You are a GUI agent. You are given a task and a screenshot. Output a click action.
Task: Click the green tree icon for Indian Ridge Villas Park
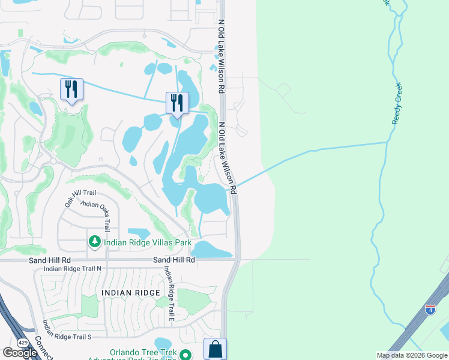point(95,242)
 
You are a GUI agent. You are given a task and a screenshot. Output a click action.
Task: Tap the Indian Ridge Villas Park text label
point(148,242)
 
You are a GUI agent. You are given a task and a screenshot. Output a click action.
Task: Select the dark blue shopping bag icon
point(215,349)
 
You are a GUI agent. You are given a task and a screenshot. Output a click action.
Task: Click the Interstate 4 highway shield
point(430,309)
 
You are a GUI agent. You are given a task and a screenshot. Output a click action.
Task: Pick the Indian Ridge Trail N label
point(73,268)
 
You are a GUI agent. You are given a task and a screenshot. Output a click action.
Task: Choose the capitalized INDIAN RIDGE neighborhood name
point(131,292)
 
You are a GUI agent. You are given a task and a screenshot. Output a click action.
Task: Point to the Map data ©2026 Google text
point(411,355)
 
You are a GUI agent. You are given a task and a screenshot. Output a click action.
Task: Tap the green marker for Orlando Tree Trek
point(187,355)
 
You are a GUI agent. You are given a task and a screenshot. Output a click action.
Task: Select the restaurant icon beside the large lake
point(177,102)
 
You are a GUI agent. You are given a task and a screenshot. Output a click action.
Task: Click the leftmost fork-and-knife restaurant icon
point(71,89)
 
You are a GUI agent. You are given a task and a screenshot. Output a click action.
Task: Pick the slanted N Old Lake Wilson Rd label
point(228,158)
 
